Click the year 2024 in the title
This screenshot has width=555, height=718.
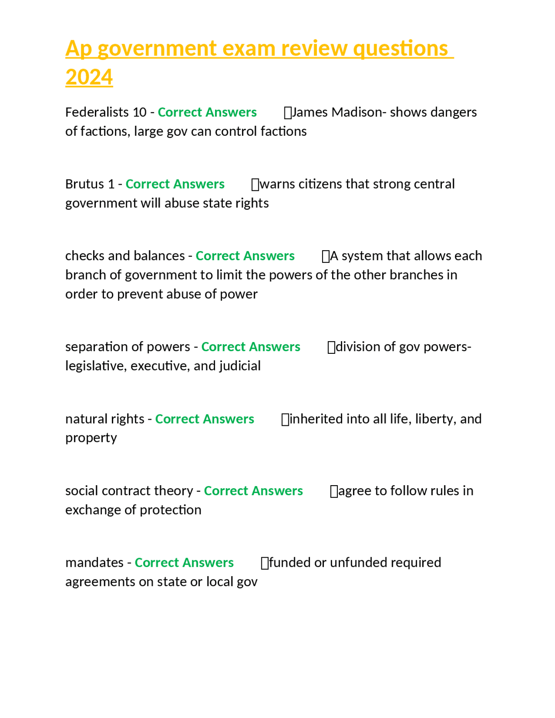(x=89, y=77)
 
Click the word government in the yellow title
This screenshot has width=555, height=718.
(x=157, y=48)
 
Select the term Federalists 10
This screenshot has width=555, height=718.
(x=106, y=112)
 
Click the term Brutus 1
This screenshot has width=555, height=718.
(x=90, y=184)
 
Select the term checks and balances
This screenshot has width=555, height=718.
(x=125, y=256)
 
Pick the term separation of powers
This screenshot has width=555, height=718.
(x=127, y=347)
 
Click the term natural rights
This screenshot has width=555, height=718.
(x=104, y=419)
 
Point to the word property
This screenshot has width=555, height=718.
(x=91, y=438)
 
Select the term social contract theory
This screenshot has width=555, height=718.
(x=129, y=491)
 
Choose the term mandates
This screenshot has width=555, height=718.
(x=94, y=563)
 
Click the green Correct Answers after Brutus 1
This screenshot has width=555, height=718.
(x=175, y=184)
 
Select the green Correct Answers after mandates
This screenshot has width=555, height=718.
(x=184, y=563)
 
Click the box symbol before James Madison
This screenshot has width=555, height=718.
(x=287, y=113)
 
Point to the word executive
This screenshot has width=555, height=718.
(x=160, y=366)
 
